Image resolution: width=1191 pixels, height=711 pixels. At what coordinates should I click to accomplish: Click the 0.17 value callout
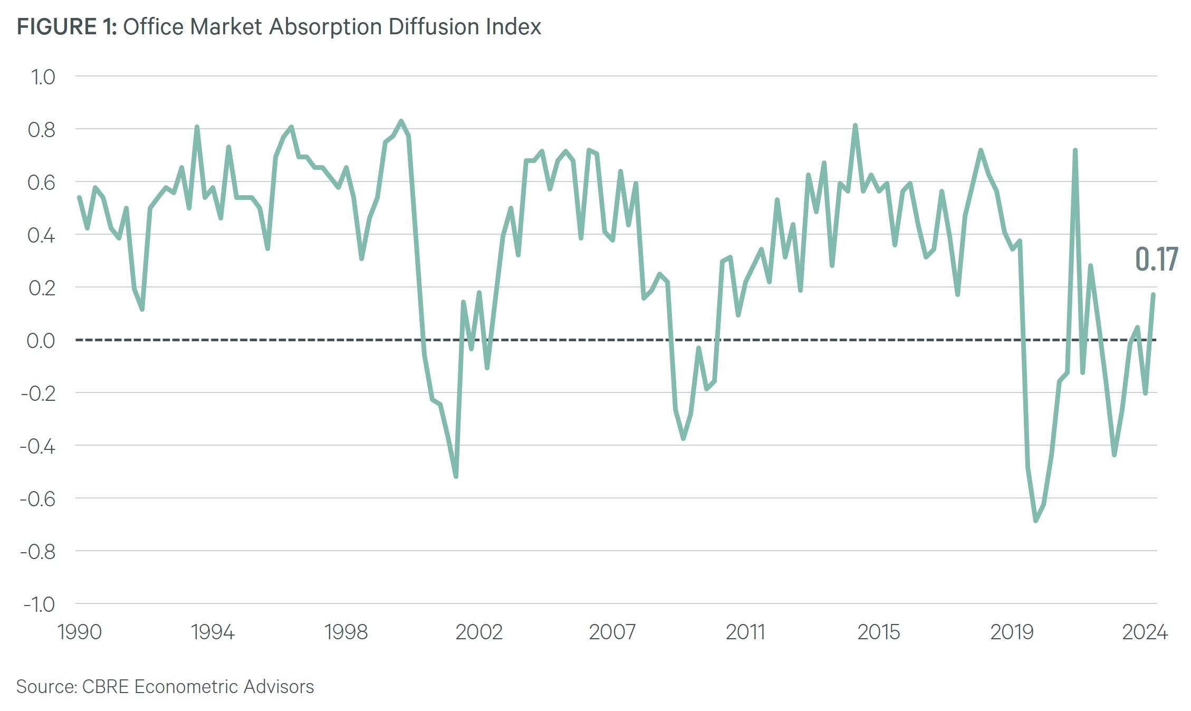click(1156, 260)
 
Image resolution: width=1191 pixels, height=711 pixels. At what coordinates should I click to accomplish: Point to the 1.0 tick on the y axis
click(43, 77)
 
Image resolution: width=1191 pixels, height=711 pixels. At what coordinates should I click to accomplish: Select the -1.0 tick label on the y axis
click(39, 604)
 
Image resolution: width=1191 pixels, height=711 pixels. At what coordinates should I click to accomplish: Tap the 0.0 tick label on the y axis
click(41, 340)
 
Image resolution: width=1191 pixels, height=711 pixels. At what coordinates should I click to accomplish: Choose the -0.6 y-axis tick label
click(37, 498)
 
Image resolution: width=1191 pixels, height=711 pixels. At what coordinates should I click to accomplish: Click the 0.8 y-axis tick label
click(42, 130)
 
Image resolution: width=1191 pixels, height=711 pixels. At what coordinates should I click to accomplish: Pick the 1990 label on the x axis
click(79, 632)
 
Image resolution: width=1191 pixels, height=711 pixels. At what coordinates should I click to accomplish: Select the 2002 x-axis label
click(478, 632)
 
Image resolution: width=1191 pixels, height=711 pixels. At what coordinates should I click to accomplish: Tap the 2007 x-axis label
click(612, 632)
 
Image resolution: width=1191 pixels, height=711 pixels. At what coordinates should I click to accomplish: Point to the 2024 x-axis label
click(1145, 632)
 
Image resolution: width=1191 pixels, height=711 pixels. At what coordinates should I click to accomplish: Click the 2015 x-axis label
click(878, 632)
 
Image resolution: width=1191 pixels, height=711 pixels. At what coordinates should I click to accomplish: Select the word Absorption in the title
click(325, 27)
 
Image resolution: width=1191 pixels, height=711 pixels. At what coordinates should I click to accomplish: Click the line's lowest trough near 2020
click(1035, 521)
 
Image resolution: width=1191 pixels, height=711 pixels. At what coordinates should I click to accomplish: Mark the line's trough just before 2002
click(456, 477)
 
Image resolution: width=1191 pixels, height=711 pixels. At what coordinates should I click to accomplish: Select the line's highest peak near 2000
click(401, 121)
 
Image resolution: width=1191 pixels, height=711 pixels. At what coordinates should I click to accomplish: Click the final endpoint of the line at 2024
click(1154, 294)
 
